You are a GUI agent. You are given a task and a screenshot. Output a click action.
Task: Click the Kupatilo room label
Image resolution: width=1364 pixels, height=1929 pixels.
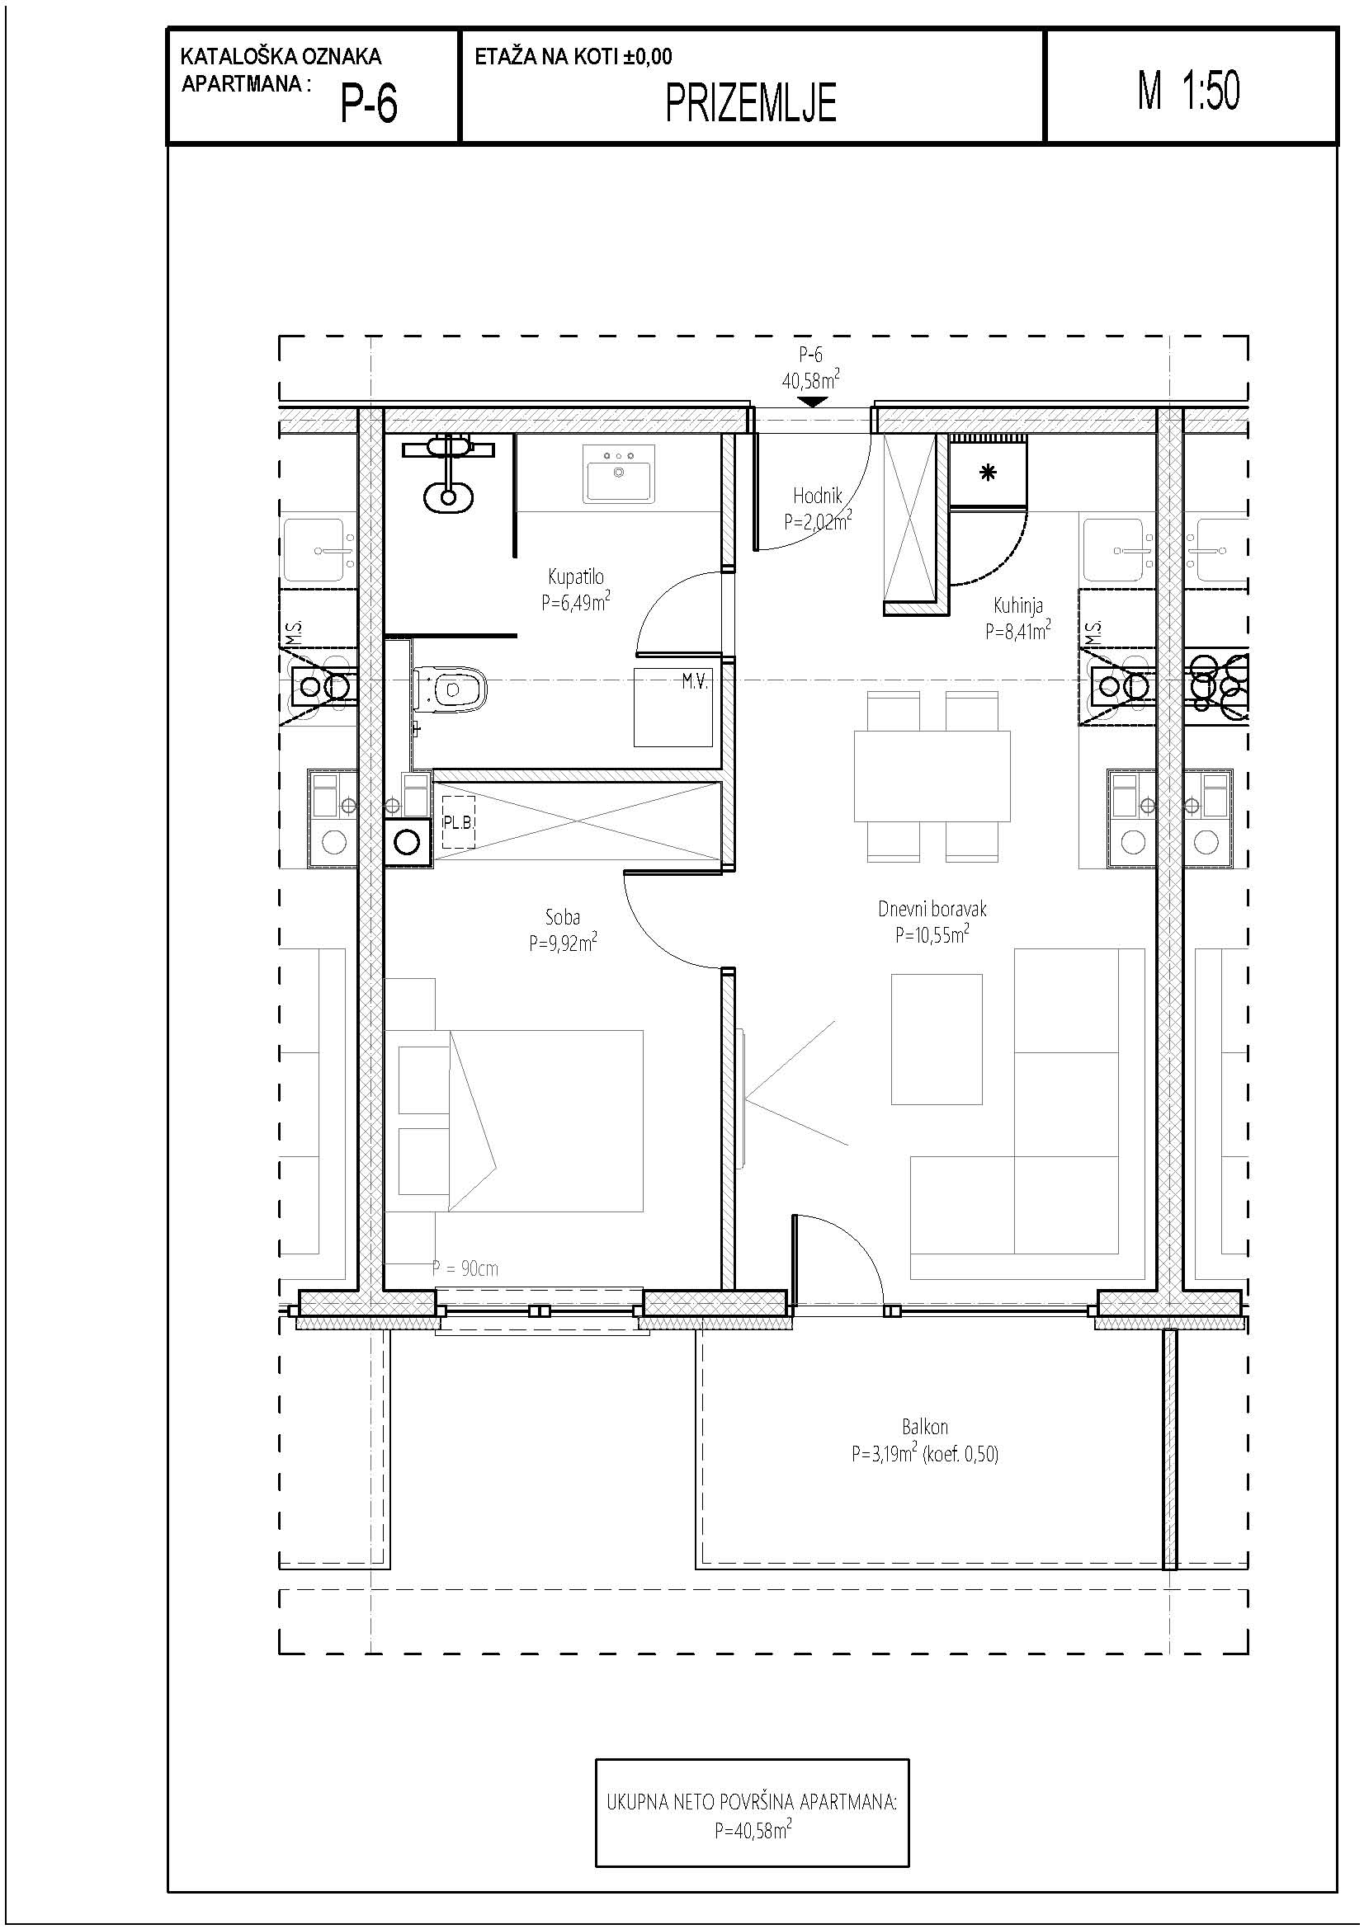pyautogui.click(x=576, y=577)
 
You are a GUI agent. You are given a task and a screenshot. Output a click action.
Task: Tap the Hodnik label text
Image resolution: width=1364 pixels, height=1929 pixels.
pyautogui.click(x=817, y=496)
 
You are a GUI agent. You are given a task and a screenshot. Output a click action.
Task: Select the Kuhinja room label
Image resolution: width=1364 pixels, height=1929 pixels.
pyautogui.click(x=1017, y=605)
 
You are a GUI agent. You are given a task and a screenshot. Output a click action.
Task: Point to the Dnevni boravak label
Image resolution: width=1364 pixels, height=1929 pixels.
pyautogui.click(x=932, y=908)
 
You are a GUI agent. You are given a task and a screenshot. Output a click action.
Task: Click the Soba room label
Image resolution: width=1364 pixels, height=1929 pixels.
pyautogui.click(x=562, y=917)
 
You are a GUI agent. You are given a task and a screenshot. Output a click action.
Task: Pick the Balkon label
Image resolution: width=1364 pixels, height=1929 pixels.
pyautogui.click(x=924, y=1427)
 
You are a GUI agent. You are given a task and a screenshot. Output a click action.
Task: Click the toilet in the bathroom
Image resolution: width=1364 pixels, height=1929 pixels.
pyautogui.click(x=452, y=689)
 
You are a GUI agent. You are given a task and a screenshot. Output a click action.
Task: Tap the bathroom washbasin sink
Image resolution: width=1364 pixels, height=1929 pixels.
pyautogui.click(x=619, y=473)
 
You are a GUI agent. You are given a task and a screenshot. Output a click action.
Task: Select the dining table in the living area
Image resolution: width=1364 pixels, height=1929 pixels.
pyautogui.click(x=932, y=776)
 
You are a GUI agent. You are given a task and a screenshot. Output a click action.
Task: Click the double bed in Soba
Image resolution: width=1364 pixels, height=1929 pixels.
pyautogui.click(x=514, y=1121)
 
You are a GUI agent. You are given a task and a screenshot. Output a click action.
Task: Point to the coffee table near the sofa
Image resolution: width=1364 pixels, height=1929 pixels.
pyautogui.click(x=937, y=1039)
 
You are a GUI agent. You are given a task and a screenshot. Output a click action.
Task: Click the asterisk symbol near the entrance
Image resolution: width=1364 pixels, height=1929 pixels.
pyautogui.click(x=989, y=473)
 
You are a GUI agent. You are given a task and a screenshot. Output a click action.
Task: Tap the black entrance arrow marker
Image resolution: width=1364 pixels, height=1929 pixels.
pyautogui.click(x=811, y=402)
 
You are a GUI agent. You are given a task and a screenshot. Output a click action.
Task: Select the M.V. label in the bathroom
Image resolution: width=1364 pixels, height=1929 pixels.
pyautogui.click(x=695, y=682)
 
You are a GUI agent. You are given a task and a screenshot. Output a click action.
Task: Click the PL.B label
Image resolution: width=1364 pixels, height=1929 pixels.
pyautogui.click(x=457, y=822)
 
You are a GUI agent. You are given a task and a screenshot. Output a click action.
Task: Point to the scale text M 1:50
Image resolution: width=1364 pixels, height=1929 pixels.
pyautogui.click(x=1188, y=90)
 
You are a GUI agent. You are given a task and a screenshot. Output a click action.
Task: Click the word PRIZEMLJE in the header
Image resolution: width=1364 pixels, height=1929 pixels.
pyautogui.click(x=751, y=103)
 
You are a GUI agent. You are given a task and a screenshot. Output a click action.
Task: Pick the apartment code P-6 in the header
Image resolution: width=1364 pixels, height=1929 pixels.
pyautogui.click(x=368, y=105)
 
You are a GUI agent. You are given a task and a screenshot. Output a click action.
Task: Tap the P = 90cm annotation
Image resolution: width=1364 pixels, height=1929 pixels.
pyautogui.click(x=465, y=1268)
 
